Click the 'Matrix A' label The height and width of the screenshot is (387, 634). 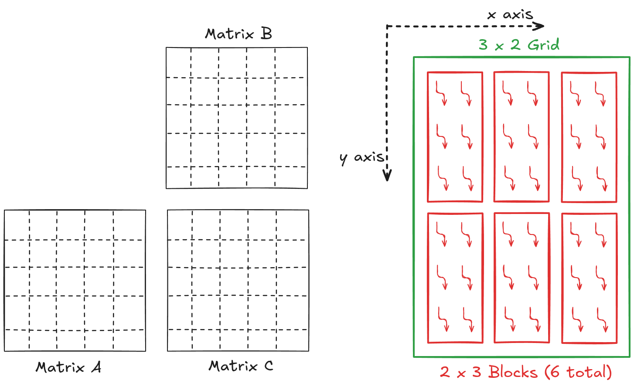[68, 367]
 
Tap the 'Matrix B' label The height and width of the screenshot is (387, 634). [239, 34]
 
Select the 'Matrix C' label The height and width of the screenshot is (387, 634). [241, 366]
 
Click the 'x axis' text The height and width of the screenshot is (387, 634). [510, 15]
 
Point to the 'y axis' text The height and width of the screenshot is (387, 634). [362, 157]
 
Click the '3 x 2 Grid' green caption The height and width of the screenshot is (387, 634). [519, 44]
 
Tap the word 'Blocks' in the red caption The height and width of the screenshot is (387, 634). [513, 372]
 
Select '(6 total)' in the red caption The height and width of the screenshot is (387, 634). [578, 372]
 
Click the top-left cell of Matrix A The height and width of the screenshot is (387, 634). [17, 225]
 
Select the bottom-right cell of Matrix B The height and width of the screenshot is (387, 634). [291, 177]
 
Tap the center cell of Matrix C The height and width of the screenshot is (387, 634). [234, 282]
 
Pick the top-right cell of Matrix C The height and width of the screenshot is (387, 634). [293, 225]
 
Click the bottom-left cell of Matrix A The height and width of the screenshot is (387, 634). [17, 340]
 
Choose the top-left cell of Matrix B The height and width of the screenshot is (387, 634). [178, 62]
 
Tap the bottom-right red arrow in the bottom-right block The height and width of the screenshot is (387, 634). [602, 320]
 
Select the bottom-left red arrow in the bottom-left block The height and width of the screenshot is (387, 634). [443, 320]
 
